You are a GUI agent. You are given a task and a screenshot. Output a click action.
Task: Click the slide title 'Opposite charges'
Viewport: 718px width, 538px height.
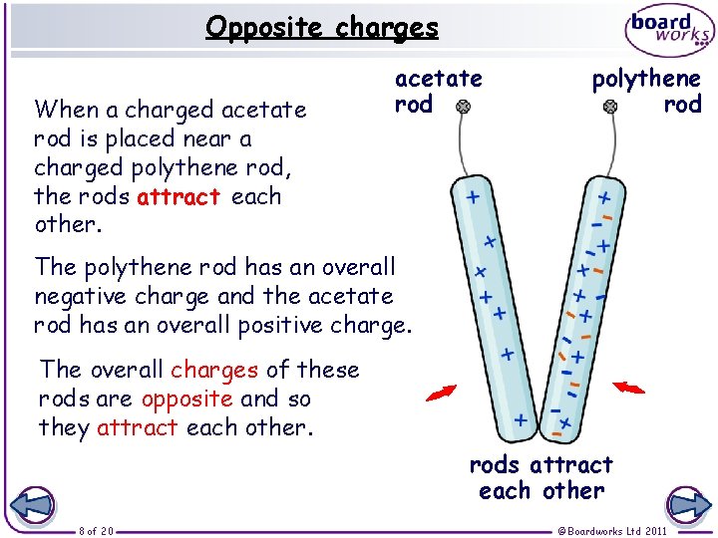coord(322,27)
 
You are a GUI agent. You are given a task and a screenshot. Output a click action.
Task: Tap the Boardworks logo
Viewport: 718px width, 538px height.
coord(669,32)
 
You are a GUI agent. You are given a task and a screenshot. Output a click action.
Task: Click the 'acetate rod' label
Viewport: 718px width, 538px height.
coord(438,91)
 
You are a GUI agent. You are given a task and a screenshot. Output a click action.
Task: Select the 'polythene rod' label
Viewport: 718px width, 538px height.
coord(646,91)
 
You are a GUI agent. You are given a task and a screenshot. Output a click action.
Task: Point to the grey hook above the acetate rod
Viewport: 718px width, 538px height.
coord(463,105)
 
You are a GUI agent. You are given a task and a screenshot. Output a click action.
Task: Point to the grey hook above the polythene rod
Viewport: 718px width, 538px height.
coord(610,105)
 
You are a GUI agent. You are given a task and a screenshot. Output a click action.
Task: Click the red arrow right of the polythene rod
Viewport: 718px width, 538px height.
coord(628,387)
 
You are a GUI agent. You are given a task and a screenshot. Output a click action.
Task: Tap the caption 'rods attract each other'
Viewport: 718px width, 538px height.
coord(540,477)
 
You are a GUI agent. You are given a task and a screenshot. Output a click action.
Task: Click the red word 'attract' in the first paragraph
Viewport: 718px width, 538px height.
coord(179,196)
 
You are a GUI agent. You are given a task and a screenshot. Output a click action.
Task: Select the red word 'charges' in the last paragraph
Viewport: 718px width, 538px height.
coord(214,370)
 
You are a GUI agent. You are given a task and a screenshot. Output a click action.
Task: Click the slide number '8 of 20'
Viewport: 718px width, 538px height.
coord(97,530)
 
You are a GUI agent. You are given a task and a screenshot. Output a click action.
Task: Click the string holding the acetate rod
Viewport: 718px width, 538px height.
coord(468,149)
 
